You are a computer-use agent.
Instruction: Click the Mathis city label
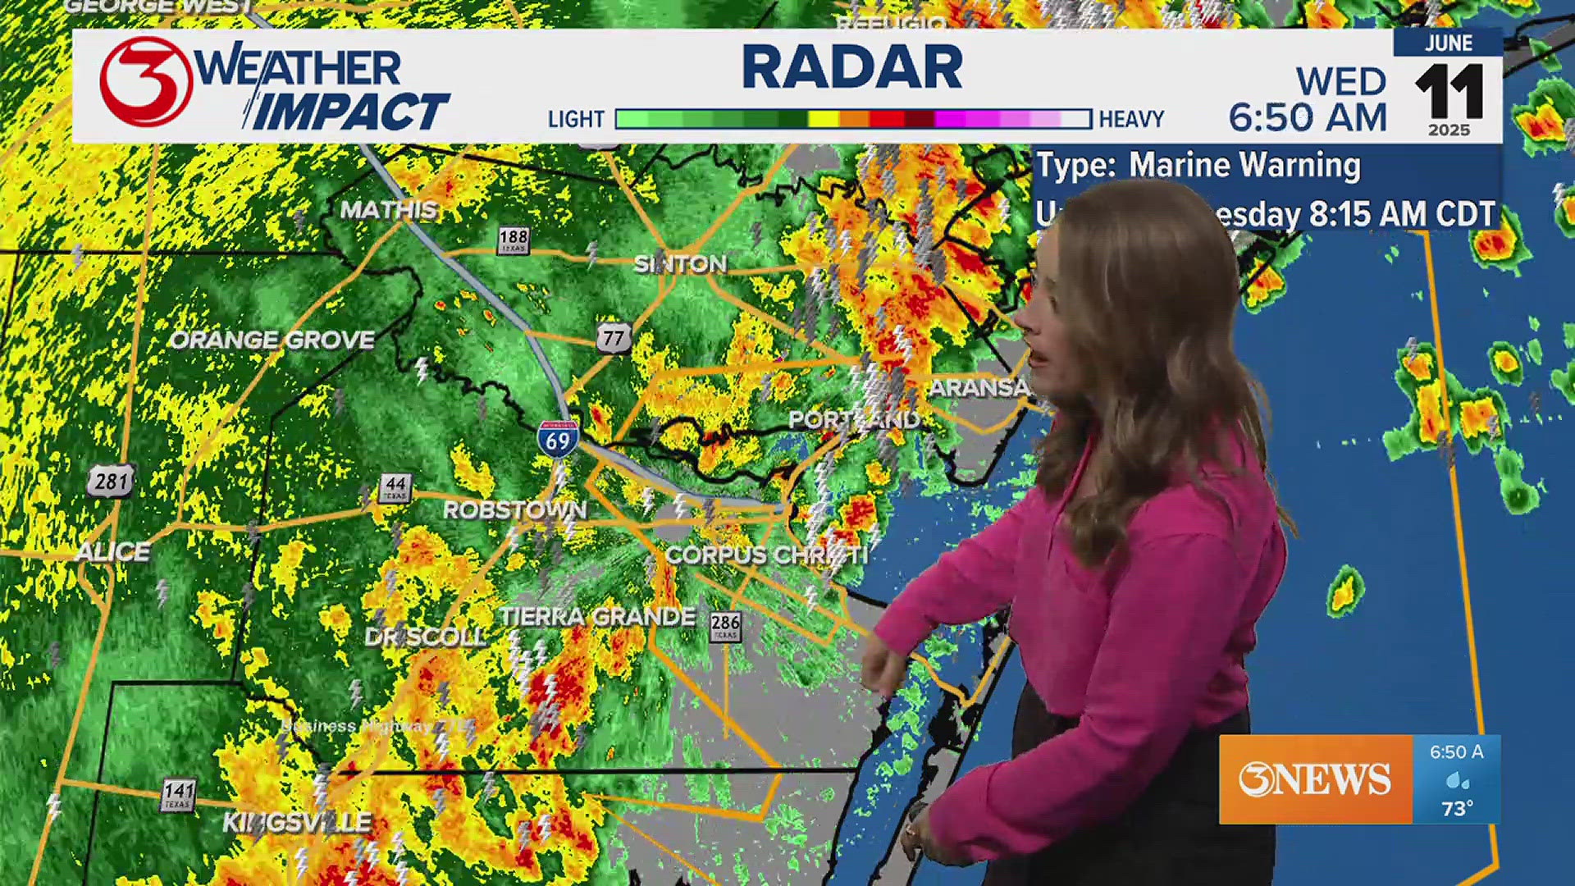coord(389,210)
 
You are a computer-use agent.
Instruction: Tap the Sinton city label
coord(680,264)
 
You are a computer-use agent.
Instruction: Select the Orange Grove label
coord(272,340)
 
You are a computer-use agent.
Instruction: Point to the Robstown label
coord(515,510)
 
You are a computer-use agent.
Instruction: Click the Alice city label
coord(112,552)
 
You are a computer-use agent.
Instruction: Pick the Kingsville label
coord(297,822)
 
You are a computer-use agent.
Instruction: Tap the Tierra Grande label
coord(598,617)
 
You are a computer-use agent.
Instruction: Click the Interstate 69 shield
coord(558,438)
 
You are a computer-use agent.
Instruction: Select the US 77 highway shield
coord(614,338)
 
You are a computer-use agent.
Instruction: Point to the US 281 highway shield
coord(111,481)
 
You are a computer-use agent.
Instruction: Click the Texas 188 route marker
coord(514,240)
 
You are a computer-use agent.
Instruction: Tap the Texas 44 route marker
coord(395,487)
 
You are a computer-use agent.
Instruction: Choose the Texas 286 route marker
coord(725,627)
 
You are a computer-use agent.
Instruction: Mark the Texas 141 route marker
coord(178,793)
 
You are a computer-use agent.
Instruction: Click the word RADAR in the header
coord(852,67)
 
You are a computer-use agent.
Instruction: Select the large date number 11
coord(1449,92)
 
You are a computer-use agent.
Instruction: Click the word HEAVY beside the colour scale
coord(1131,120)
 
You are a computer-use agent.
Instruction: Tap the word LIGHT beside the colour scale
coord(576,120)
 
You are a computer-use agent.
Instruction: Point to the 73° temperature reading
coord(1457,809)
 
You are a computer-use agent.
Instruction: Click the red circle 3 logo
coord(146,81)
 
